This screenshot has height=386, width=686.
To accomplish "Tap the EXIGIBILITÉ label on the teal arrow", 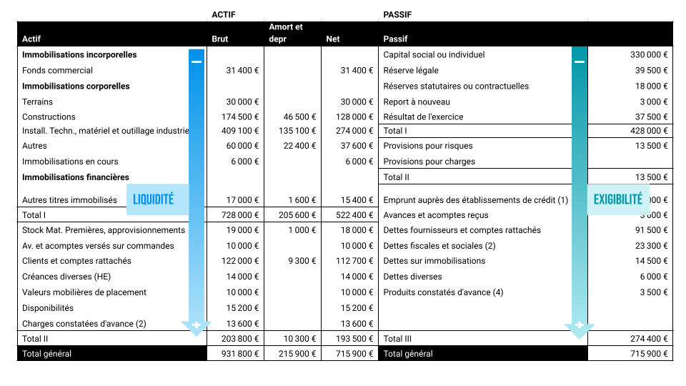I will pyautogui.click(x=618, y=200).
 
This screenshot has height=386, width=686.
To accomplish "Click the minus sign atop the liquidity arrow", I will pyautogui.click(x=197, y=61).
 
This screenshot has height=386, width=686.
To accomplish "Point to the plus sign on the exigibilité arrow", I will pyautogui.click(x=580, y=326).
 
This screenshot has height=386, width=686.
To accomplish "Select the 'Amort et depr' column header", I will pyautogui.click(x=286, y=33).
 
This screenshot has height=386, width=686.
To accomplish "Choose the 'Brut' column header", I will pyautogui.click(x=220, y=39).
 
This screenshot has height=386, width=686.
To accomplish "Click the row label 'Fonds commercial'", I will pyautogui.click(x=58, y=71).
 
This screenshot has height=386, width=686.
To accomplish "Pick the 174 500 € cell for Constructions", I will pyautogui.click(x=241, y=117).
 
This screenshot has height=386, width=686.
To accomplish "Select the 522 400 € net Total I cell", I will pyautogui.click(x=355, y=215).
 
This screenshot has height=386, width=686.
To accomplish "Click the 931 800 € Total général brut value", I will pyautogui.click(x=241, y=354).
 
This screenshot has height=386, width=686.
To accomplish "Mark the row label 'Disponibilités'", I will pyautogui.click(x=48, y=308).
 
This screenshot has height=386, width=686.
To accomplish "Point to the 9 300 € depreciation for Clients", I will pyautogui.click(x=302, y=261).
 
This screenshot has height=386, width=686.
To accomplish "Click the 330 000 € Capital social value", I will pyautogui.click(x=649, y=55).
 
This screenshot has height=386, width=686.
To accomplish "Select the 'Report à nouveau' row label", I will pyautogui.click(x=417, y=102).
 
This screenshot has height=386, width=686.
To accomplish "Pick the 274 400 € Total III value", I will pyautogui.click(x=649, y=339).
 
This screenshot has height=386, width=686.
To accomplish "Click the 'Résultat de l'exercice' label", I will pyautogui.click(x=423, y=117).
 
